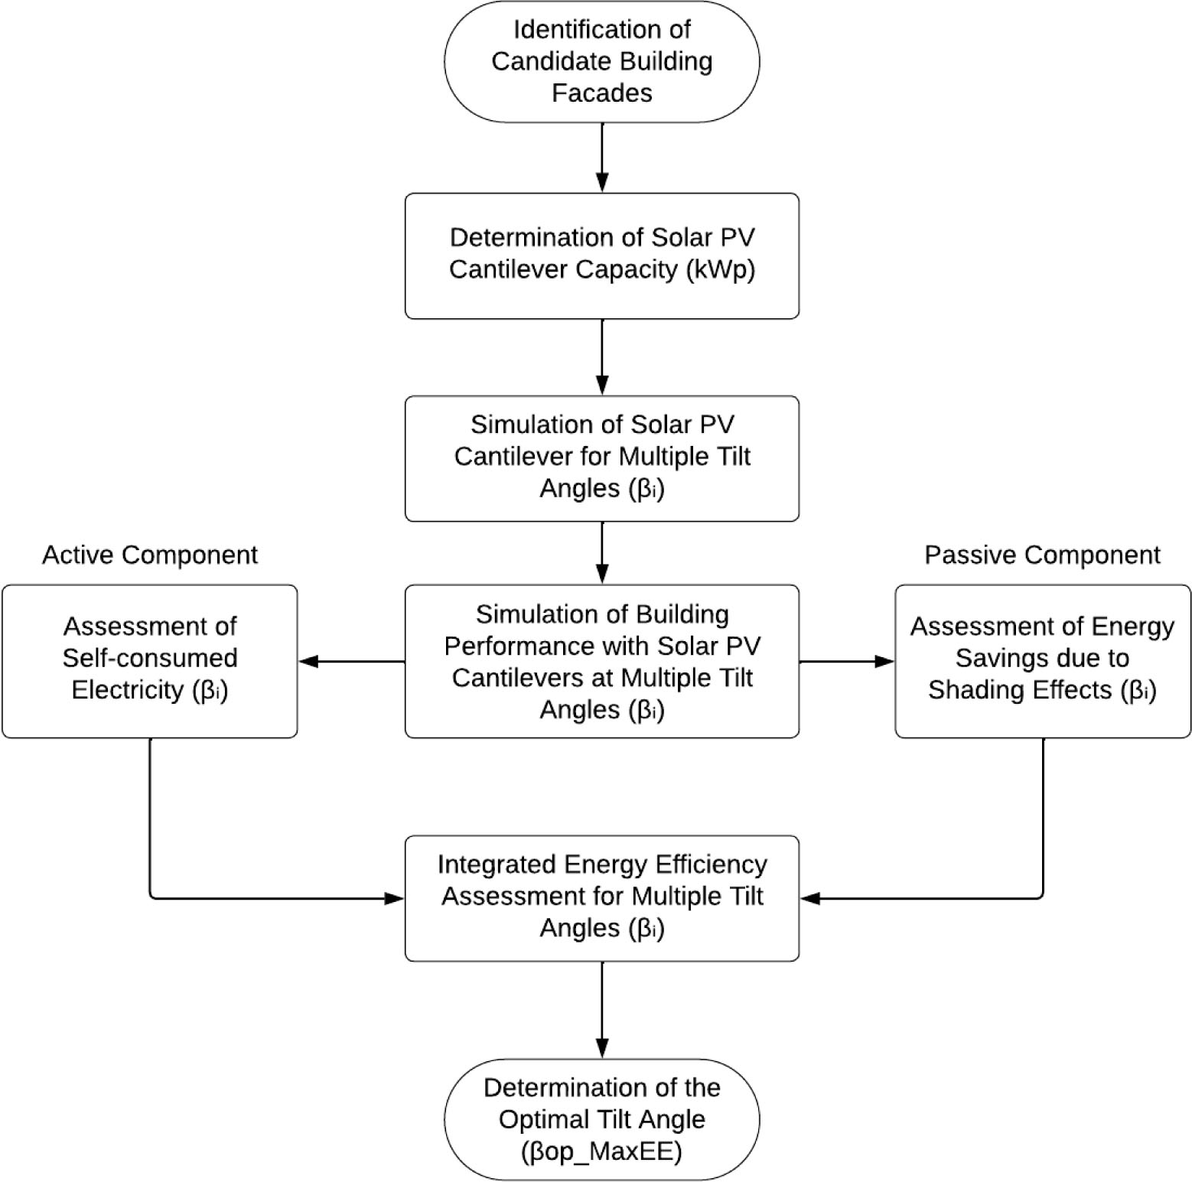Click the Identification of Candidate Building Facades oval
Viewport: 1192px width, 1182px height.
point(602,61)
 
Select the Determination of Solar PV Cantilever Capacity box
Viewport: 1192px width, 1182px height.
point(602,256)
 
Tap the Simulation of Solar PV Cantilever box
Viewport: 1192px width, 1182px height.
point(602,458)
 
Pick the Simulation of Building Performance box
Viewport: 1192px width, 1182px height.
point(602,661)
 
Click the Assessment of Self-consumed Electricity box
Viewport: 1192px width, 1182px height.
point(150,661)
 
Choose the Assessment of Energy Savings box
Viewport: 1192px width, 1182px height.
point(1043,661)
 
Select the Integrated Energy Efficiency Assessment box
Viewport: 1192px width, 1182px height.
point(602,898)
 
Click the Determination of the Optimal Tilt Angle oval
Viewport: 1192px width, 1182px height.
point(602,1119)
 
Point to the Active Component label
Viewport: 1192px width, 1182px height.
point(150,555)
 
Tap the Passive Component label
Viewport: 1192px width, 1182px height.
point(1042,555)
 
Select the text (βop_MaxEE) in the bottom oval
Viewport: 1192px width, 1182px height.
point(602,1151)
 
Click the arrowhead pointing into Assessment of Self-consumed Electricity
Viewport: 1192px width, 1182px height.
point(308,661)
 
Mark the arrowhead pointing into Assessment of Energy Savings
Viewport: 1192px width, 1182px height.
point(884,661)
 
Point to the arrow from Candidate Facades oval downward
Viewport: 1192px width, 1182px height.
point(602,158)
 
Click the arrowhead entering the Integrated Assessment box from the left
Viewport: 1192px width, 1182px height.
point(394,898)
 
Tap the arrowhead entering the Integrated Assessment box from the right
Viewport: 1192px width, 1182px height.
point(810,898)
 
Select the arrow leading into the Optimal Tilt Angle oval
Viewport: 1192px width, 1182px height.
point(602,1010)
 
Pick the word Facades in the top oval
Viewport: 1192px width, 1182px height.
point(602,93)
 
